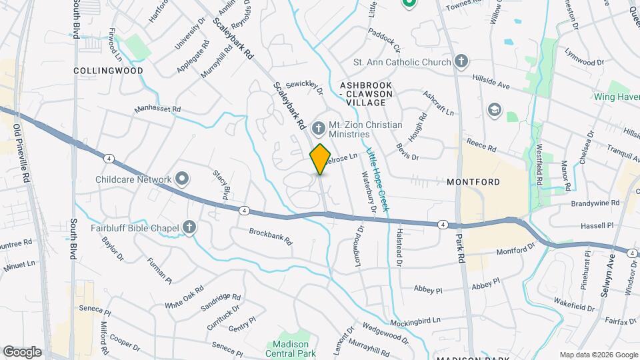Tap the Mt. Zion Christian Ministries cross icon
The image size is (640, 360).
pos(319,127)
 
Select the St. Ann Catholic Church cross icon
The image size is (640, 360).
pos(460,63)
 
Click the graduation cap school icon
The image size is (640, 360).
pos(494,109)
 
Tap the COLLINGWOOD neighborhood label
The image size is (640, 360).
pos(99,70)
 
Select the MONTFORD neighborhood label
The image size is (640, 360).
pos(473,181)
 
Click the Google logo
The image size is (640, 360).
pos(22,351)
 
